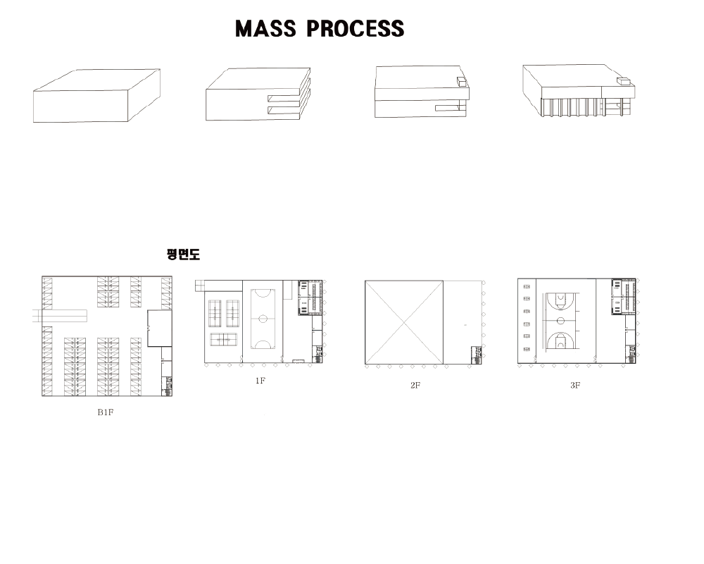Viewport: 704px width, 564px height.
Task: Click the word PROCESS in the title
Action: (x=356, y=29)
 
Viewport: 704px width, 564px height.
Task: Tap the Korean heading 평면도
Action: (x=183, y=255)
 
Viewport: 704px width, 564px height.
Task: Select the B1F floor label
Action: (x=105, y=412)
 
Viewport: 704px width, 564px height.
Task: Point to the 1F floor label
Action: (x=260, y=381)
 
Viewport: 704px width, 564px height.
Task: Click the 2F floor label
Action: (x=415, y=386)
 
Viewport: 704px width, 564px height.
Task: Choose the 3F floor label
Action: (x=575, y=385)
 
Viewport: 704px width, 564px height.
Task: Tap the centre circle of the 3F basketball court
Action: (x=560, y=321)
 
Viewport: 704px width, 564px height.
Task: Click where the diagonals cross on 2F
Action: (x=404, y=322)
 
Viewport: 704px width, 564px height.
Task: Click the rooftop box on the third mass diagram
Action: (x=462, y=82)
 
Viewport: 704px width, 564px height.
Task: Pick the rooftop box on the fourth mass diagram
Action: (x=624, y=82)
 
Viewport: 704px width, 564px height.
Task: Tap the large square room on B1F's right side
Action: (x=160, y=328)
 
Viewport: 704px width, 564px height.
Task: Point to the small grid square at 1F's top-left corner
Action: (x=199, y=285)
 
